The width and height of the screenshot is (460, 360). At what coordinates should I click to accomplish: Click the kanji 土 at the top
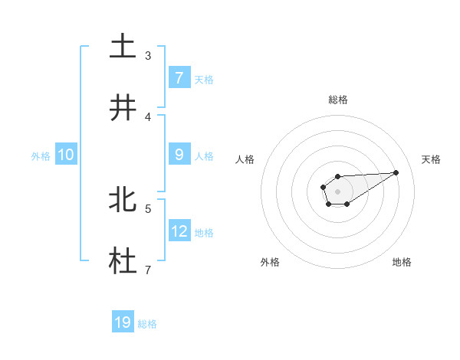(123, 46)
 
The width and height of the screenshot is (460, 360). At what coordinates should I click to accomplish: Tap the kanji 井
(123, 107)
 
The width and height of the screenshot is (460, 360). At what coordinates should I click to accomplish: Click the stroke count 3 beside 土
(148, 55)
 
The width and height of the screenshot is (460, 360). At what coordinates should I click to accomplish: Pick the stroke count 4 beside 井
(148, 116)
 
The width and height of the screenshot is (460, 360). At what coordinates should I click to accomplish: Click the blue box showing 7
(179, 77)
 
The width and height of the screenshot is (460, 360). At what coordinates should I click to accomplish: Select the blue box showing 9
(179, 154)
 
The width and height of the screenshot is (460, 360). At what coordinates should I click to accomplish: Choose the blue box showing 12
(179, 231)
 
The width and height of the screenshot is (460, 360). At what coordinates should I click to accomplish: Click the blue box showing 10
(66, 155)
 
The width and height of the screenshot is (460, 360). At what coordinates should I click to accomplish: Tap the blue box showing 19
(123, 322)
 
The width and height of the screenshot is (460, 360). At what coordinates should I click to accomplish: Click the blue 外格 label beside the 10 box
(41, 155)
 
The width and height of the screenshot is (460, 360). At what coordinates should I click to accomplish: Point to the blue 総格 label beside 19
(147, 324)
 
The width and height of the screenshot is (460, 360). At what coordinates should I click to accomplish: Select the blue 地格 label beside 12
(204, 232)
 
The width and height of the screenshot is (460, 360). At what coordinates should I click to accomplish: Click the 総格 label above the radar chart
(338, 100)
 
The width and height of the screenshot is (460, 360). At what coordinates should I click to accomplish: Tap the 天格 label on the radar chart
(432, 159)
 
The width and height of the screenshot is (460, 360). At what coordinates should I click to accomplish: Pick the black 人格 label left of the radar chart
(245, 159)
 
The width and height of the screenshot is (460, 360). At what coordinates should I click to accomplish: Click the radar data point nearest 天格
(396, 172)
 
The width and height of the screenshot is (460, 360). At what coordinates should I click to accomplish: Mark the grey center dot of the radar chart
(337, 190)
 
